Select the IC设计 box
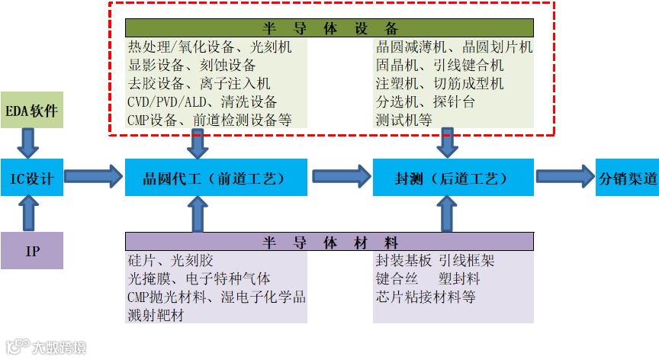tap(31, 178)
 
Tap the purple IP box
tap(32, 250)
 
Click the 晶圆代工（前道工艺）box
tap(216, 178)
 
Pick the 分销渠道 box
tap(627, 178)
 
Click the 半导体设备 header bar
tap(329, 29)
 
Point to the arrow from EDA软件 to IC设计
tap(30, 143)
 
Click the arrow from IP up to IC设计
tap(30, 214)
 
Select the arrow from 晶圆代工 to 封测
tap(340, 177)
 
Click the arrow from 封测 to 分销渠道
tap(564, 177)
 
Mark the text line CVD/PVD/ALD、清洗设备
tap(202, 101)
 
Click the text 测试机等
tap(403, 120)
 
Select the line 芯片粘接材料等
tap(425, 297)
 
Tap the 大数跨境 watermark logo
tap(46, 347)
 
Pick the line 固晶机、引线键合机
tap(439, 65)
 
